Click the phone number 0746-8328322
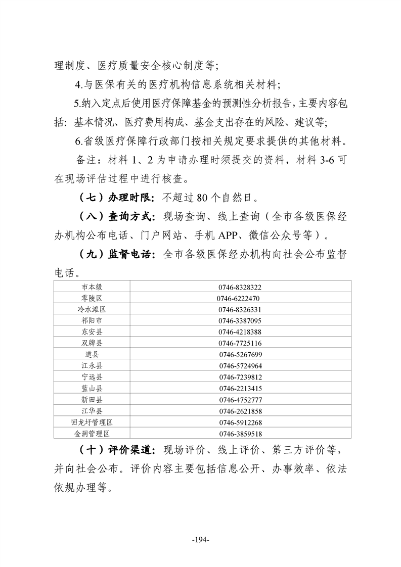pyautogui.click(x=240, y=287)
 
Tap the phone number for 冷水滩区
pyautogui.click(x=240, y=309)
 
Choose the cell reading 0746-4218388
pyautogui.click(x=240, y=332)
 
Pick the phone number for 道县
pyautogui.click(x=240, y=354)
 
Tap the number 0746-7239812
pyautogui.click(x=240, y=377)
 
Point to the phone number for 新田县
pyautogui.click(x=240, y=399)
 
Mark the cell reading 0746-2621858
pyautogui.click(x=240, y=411)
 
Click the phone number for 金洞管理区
pyautogui.click(x=240, y=434)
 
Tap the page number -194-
pyautogui.click(x=201, y=540)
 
